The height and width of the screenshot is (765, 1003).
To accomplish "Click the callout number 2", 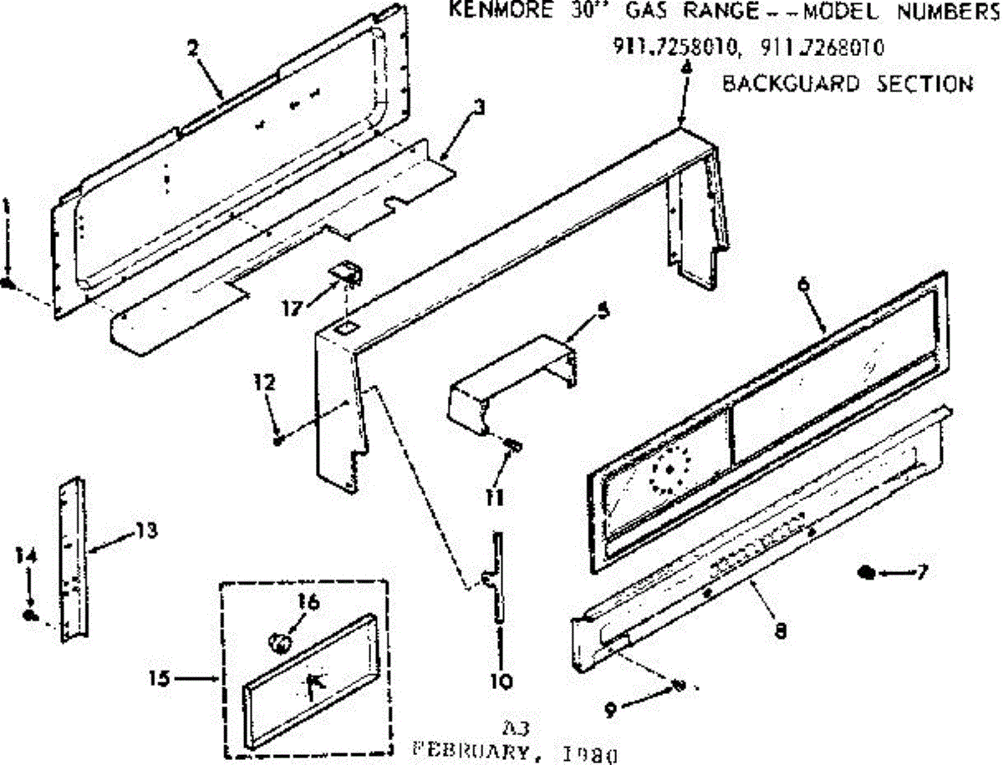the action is point(193,48).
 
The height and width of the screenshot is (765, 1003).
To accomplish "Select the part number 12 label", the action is point(265,383).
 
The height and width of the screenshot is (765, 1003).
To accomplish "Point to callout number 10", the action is point(501,681).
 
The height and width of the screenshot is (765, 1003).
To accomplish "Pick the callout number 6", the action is point(804,284).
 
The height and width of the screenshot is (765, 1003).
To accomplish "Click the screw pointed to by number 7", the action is point(867,572).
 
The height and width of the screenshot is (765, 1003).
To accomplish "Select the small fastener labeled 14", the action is point(30,616).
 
